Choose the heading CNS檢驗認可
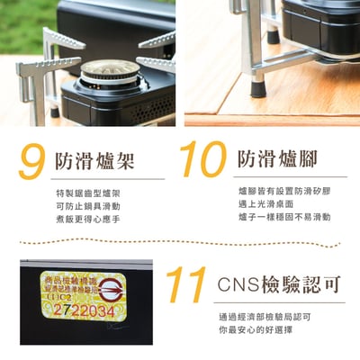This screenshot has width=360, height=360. pos(280,285)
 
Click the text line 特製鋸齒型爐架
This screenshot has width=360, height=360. pos(87,193)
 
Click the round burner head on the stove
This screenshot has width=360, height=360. pos(111,70)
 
